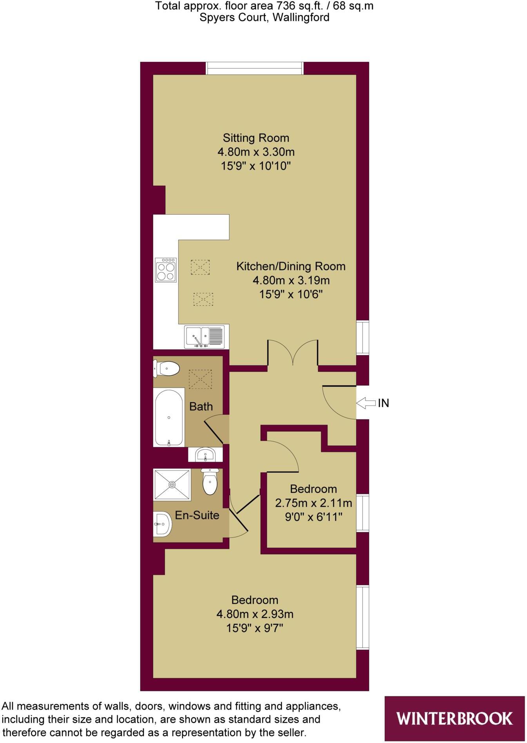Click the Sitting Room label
point(256,138)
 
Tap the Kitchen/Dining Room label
point(291,266)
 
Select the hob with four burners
point(166,269)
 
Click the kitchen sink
point(204,336)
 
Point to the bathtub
point(169,418)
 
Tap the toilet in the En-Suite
point(210,482)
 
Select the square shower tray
point(172,484)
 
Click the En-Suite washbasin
point(162,524)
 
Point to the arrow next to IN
point(366,403)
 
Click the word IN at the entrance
point(383,403)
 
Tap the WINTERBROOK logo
point(454,718)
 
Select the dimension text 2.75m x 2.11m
point(313,503)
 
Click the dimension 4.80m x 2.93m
point(255,614)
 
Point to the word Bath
point(201,407)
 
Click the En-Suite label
point(197,515)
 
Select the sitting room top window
point(255,68)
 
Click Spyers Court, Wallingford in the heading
point(264,17)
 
